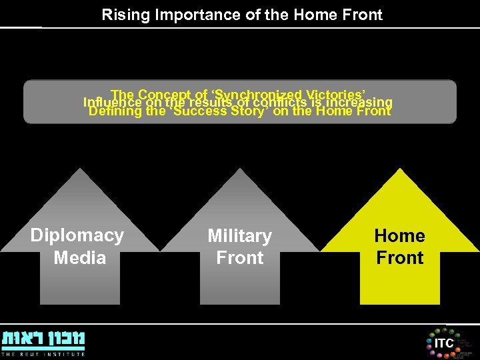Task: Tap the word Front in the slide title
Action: pos(363,15)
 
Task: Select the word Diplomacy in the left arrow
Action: pos(77,235)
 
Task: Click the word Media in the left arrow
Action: pos(79,257)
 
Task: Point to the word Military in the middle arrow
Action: pos(239,236)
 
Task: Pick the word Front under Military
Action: pos(240,258)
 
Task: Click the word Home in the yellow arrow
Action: pos(399,235)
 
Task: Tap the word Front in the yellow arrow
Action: pos(400,258)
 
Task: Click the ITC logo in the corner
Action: pos(443,343)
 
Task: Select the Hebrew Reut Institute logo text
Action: pos(43,338)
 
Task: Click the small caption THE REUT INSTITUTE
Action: pos(43,354)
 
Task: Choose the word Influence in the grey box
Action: pos(112,103)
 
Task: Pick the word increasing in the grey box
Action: pos(361,103)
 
